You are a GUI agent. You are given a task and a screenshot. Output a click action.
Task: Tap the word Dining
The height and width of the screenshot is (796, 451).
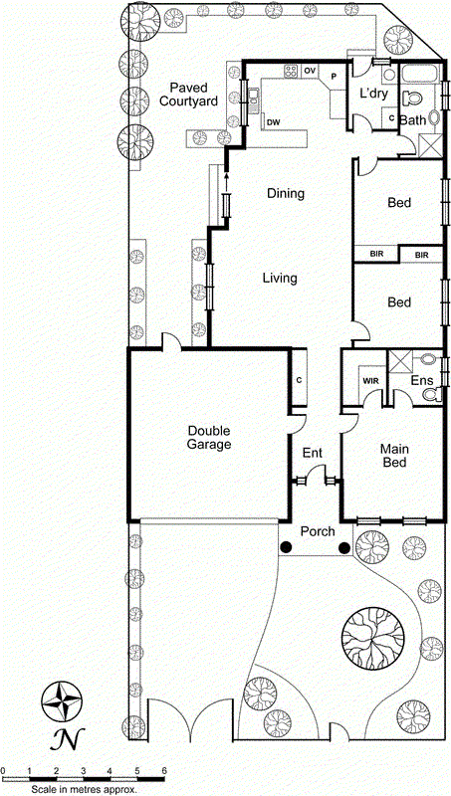click(x=285, y=194)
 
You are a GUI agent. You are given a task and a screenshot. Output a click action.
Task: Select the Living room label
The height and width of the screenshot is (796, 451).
click(x=280, y=279)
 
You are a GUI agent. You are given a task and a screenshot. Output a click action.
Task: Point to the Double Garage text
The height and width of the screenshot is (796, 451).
click(x=208, y=438)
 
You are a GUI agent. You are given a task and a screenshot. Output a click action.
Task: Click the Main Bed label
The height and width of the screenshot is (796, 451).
click(x=394, y=456)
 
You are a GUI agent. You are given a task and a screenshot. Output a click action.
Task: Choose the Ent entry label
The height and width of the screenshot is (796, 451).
click(x=313, y=454)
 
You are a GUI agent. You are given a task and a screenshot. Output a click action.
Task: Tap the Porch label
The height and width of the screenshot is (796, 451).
click(x=318, y=531)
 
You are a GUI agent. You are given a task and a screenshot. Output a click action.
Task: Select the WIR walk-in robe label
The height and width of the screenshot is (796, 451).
click(x=369, y=381)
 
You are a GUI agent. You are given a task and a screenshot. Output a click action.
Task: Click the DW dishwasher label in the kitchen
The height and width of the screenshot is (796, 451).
click(x=272, y=122)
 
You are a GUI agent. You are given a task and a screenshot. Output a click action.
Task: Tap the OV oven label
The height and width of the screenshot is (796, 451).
click(x=310, y=71)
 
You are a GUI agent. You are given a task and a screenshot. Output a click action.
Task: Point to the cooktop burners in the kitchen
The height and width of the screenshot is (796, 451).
click(x=292, y=71)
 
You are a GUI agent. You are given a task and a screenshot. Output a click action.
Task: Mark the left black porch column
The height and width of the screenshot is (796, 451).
click(x=286, y=547)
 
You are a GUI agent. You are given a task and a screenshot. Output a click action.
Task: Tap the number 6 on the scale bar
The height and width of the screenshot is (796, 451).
click(x=163, y=771)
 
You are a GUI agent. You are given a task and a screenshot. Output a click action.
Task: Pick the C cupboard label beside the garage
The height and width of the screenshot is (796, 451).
click(x=299, y=380)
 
